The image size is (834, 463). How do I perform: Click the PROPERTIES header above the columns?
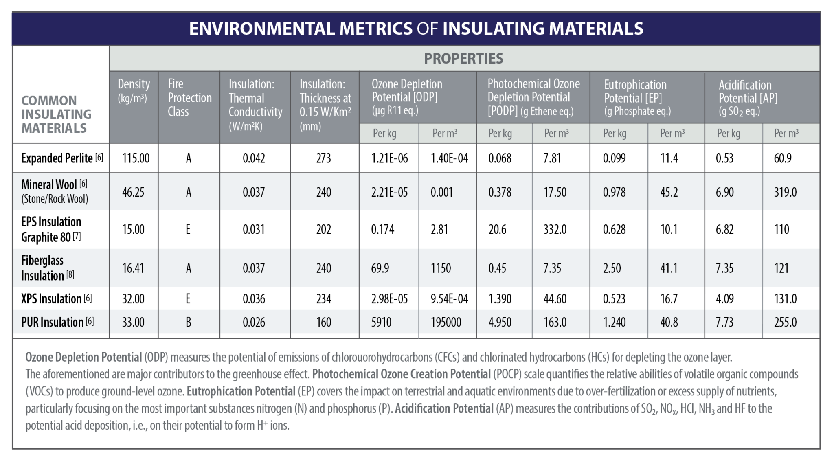pos(463,59)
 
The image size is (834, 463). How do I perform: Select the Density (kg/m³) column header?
pos(134,90)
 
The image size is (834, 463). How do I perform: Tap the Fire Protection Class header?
pos(189,98)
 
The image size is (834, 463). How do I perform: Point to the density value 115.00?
pos(136,158)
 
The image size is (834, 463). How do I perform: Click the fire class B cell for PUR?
pos(188,322)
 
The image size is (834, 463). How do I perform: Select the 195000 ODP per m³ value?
pos(446,322)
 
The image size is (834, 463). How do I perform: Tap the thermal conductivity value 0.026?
pos(254,322)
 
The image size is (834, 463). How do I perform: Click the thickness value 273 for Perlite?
pos(323,158)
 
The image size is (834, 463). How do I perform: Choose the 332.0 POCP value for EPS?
pos(555,229)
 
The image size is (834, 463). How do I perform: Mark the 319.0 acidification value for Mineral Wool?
pos(785,192)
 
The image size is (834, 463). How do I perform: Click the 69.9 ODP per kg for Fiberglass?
pos(380,268)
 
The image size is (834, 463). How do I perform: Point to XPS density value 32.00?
pos(133,299)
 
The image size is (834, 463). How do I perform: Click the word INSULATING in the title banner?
pos(493,29)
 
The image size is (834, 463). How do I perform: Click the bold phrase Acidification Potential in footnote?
pos(444,408)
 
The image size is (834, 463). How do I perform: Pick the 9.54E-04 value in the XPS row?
pos(449,299)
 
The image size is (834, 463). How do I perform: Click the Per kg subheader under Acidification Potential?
pos(729,133)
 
